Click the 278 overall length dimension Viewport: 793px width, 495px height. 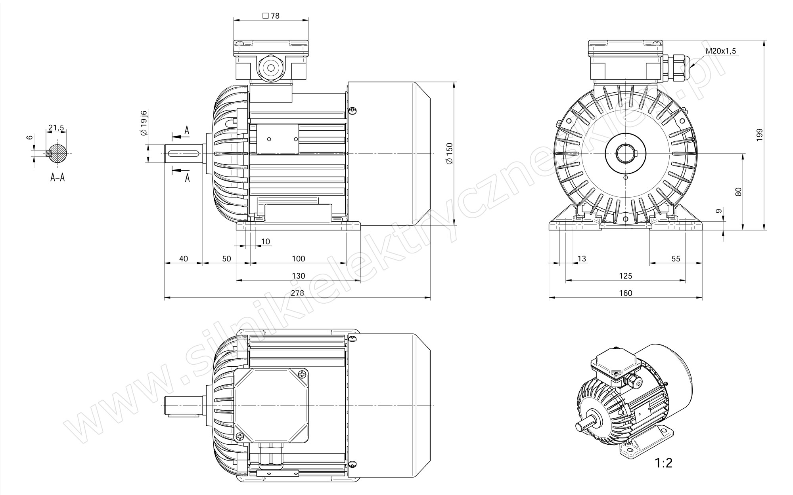point(297,293)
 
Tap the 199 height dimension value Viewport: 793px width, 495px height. point(759,135)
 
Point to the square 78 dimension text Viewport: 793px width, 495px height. point(271,16)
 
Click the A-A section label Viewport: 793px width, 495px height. point(57,177)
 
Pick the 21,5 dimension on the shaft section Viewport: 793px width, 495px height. point(56,128)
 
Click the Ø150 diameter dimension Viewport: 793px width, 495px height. point(449,153)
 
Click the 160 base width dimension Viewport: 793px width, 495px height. point(625,293)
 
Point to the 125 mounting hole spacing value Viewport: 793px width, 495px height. point(625,276)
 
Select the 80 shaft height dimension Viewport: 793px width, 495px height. point(738,192)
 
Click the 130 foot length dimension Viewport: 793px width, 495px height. point(298,276)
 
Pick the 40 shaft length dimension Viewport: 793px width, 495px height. point(184,259)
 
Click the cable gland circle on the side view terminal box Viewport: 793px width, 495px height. point(271,68)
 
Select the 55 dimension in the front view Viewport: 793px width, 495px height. point(676,259)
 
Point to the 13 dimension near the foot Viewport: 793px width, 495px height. point(582,259)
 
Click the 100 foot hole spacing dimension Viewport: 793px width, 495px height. point(298,259)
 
